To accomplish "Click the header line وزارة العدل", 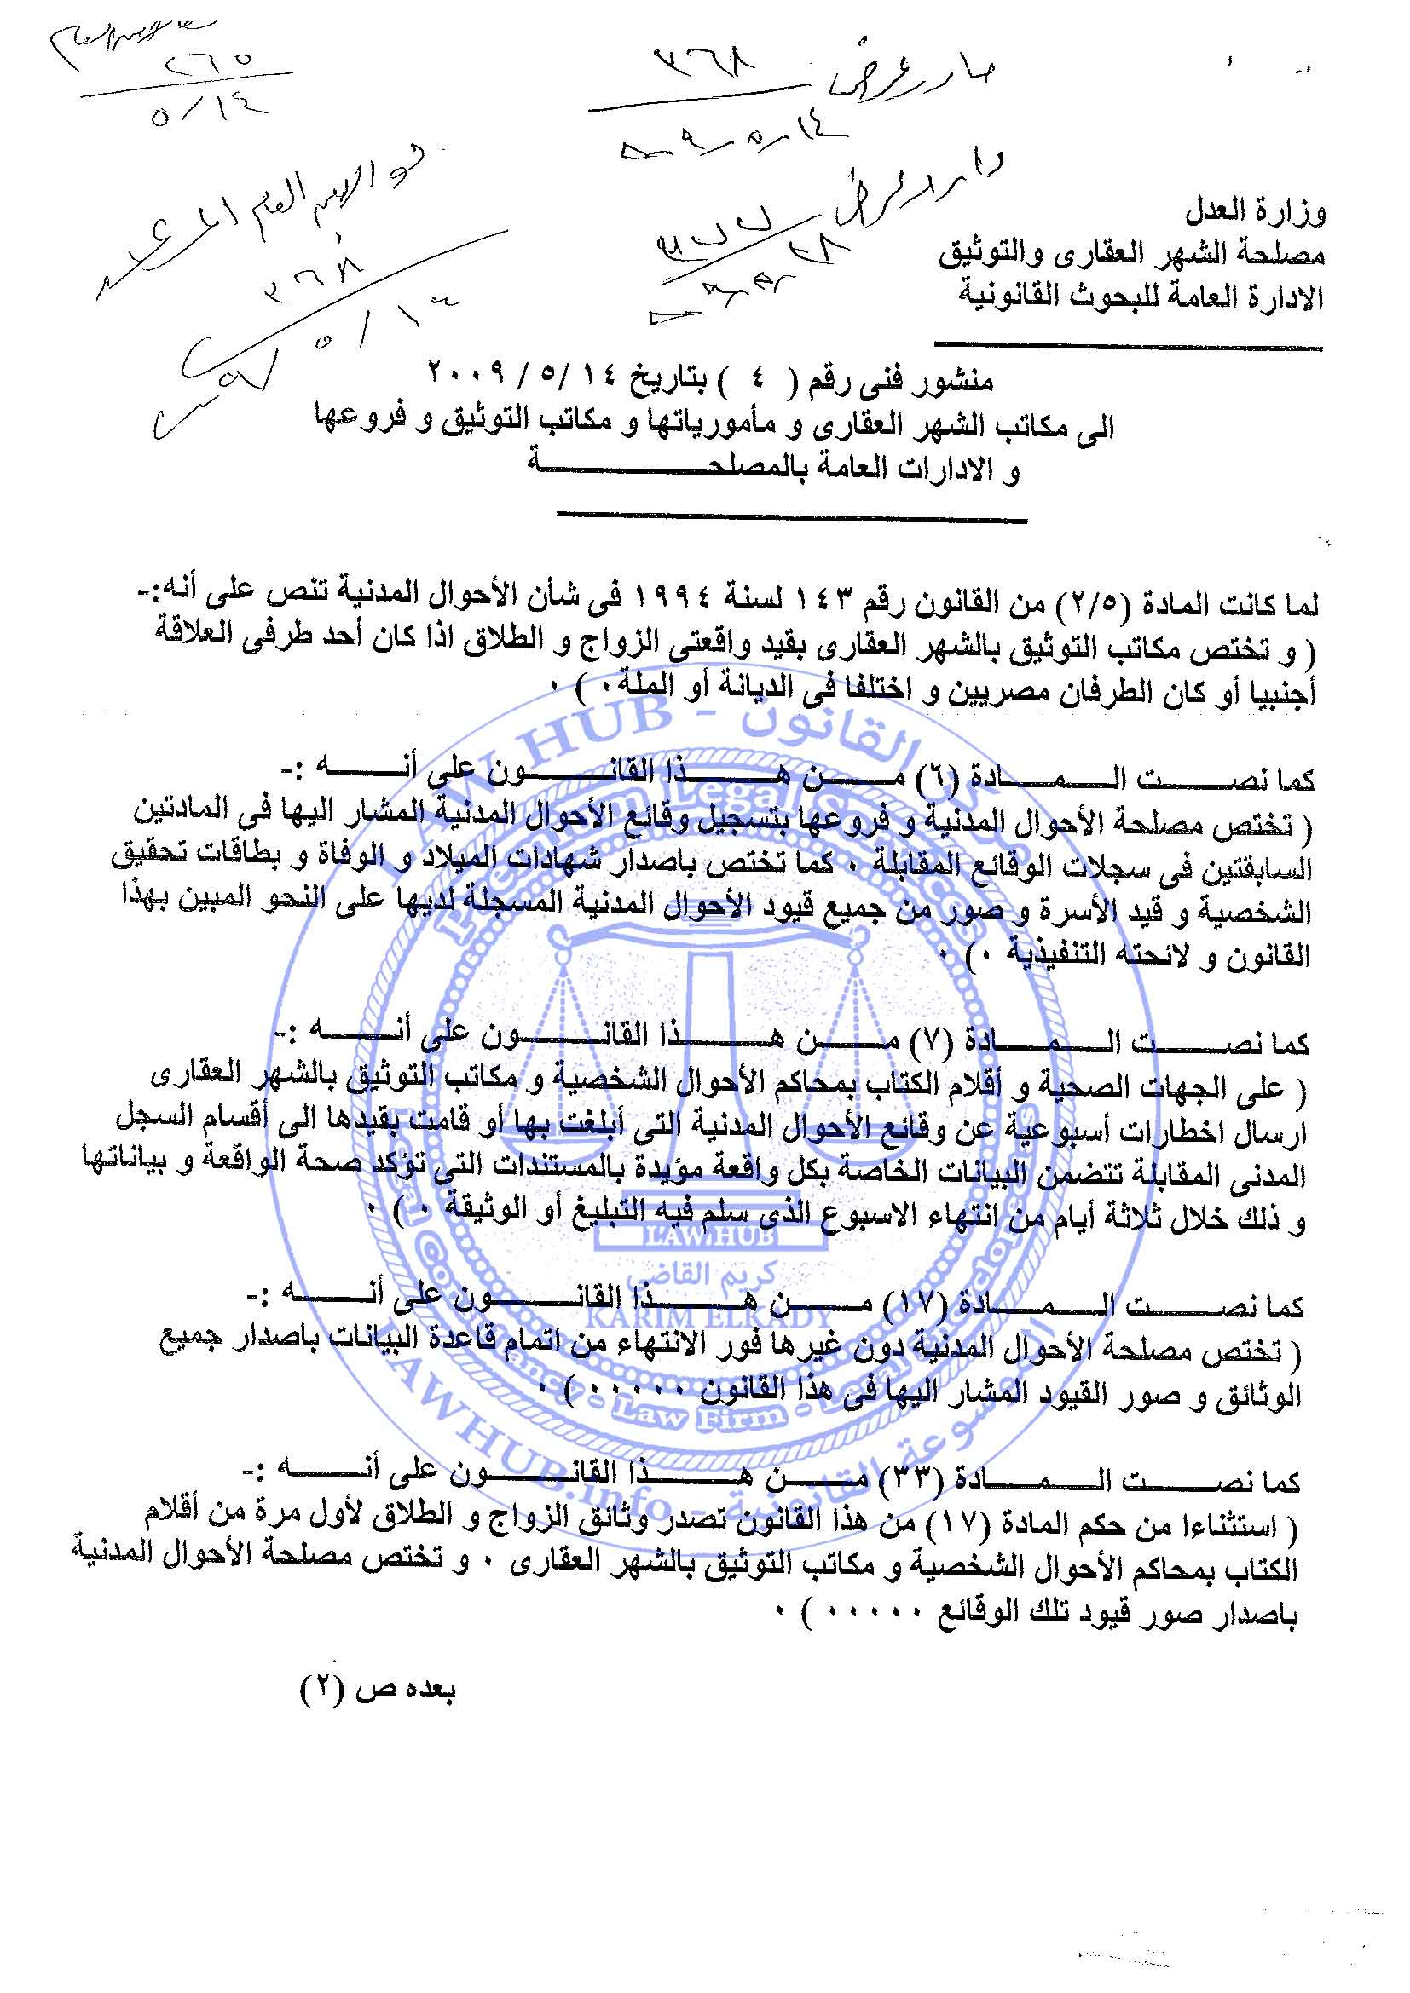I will pos(1255,212).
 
